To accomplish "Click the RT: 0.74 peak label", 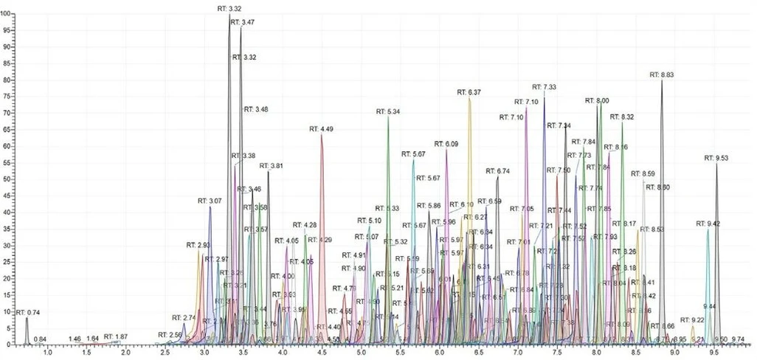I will pos(28,312).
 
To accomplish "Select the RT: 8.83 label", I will pos(662,75).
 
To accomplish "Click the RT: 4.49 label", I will pos(322,129).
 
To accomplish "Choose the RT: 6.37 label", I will pos(469,92).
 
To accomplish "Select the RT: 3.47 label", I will pos(243,23).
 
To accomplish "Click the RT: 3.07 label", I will pos(210,201).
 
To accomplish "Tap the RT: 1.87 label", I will pos(116,336).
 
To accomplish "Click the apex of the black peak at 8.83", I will pos(662,80).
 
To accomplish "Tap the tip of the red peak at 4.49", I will pos(322,135).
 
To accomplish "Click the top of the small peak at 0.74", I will pos(27,318).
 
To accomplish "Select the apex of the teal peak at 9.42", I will pos(708,229).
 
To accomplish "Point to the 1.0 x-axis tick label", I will pos(48,353).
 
